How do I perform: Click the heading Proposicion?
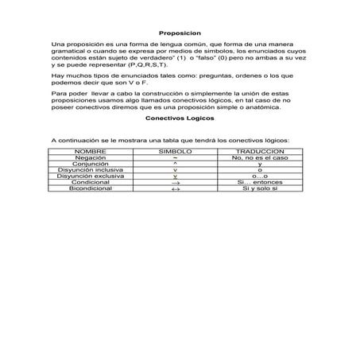point(180,33)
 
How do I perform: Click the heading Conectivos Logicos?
point(180,118)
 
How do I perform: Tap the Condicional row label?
point(90,182)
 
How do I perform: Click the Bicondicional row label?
point(90,188)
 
